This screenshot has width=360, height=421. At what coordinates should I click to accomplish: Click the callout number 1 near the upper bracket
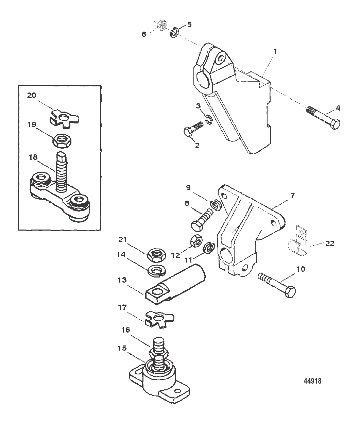click(x=275, y=52)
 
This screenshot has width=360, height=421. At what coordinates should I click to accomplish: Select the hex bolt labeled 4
click(x=324, y=118)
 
